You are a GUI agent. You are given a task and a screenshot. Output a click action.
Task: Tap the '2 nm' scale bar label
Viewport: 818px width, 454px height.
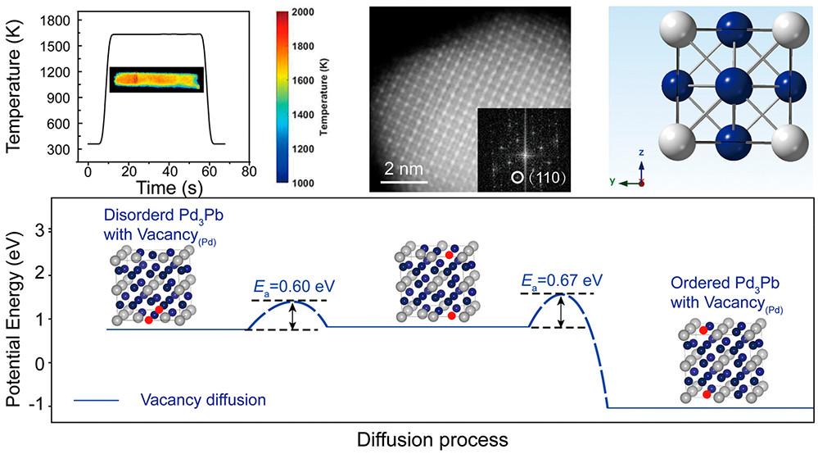405,169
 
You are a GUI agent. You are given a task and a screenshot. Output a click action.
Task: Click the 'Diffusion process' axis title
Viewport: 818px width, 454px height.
432,439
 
